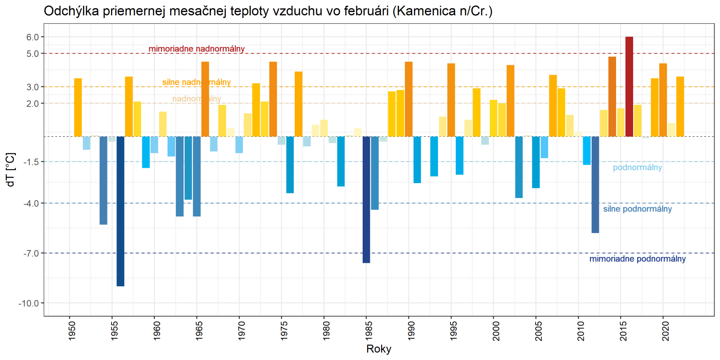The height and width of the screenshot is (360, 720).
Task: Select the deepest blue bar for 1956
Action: (120, 211)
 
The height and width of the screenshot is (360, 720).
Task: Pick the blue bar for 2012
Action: (595, 184)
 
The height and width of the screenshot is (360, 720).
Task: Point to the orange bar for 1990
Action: (409, 99)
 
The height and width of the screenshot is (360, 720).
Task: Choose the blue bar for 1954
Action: (103, 180)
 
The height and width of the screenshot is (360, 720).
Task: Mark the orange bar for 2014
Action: (612, 96)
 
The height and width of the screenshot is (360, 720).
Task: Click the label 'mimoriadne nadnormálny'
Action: (197, 49)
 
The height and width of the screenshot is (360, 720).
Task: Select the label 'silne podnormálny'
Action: (637, 209)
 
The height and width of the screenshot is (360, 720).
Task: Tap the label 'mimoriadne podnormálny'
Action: (637, 259)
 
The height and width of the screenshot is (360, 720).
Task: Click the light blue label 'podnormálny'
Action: (637, 167)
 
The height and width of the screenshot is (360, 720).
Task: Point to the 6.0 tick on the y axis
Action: (32, 37)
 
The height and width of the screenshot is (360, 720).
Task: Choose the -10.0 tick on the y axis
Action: (29, 303)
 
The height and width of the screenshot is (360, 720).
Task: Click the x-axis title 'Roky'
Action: (379, 349)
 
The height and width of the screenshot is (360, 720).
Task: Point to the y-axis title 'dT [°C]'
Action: (10, 170)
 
